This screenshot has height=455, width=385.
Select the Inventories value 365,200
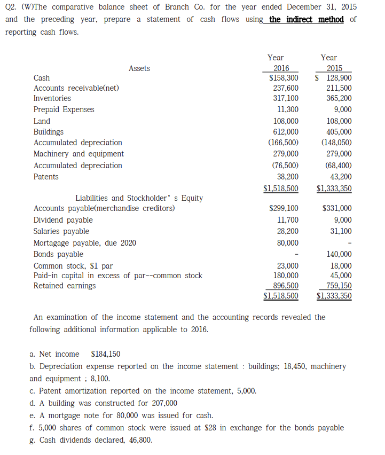pos(339,98)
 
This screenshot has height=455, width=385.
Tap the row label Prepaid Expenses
pos(64,109)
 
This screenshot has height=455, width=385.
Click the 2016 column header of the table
pos(281,68)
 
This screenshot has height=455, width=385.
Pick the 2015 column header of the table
pos(334,68)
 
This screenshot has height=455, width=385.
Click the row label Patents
pos(46,177)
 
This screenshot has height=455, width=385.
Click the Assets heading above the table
pos(139,68)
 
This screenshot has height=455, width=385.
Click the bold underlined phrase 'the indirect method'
pos(306,20)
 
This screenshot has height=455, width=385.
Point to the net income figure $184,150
pos(106,354)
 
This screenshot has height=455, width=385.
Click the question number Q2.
pos(11,7)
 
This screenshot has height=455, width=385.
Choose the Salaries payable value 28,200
pos(288,231)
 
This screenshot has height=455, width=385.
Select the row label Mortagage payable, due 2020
pos(84,243)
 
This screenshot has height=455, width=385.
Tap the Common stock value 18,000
pos(341,266)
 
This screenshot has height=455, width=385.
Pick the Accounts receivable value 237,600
pos(286,88)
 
